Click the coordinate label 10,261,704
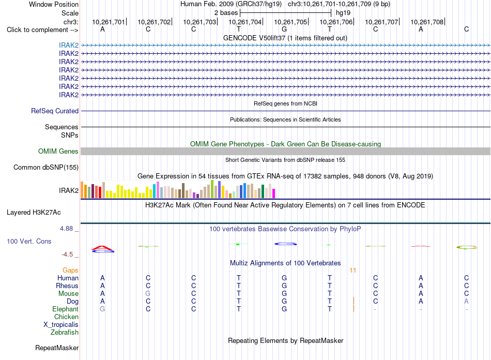(x=245, y=22)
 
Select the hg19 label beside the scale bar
(x=343, y=13)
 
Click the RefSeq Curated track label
(x=55, y=111)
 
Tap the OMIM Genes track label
(x=58, y=152)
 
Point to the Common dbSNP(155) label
(x=46, y=167)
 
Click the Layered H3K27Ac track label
(x=34, y=213)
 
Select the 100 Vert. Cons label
(x=29, y=241)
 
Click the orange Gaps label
(x=70, y=270)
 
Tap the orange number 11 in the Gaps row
(x=353, y=271)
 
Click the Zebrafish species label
(x=65, y=332)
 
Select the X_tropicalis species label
(x=61, y=325)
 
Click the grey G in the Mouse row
(x=148, y=294)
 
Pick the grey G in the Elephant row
(x=102, y=309)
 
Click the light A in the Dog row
(x=466, y=302)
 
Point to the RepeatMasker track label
(x=57, y=348)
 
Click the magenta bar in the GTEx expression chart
(x=274, y=193)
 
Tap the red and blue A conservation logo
(x=103, y=249)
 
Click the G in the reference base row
(x=284, y=29)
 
